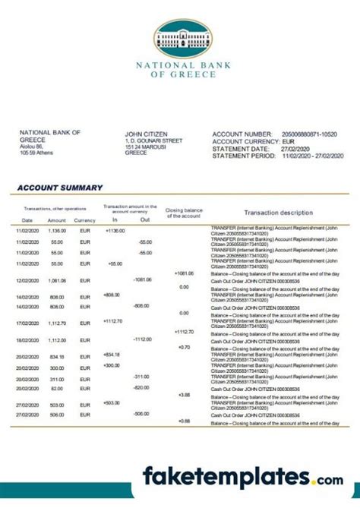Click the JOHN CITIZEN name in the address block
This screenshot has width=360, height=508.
coord(146,134)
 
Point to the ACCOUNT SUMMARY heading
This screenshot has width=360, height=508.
coord(60,188)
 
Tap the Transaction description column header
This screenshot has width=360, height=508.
coord(278,213)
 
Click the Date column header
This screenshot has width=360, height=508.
coord(27,220)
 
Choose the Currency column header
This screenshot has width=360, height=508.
coord(85,220)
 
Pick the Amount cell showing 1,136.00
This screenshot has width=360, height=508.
coord(58,230)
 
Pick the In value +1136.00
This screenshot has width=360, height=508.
coord(115,230)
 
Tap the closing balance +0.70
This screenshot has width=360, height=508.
coord(184,347)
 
